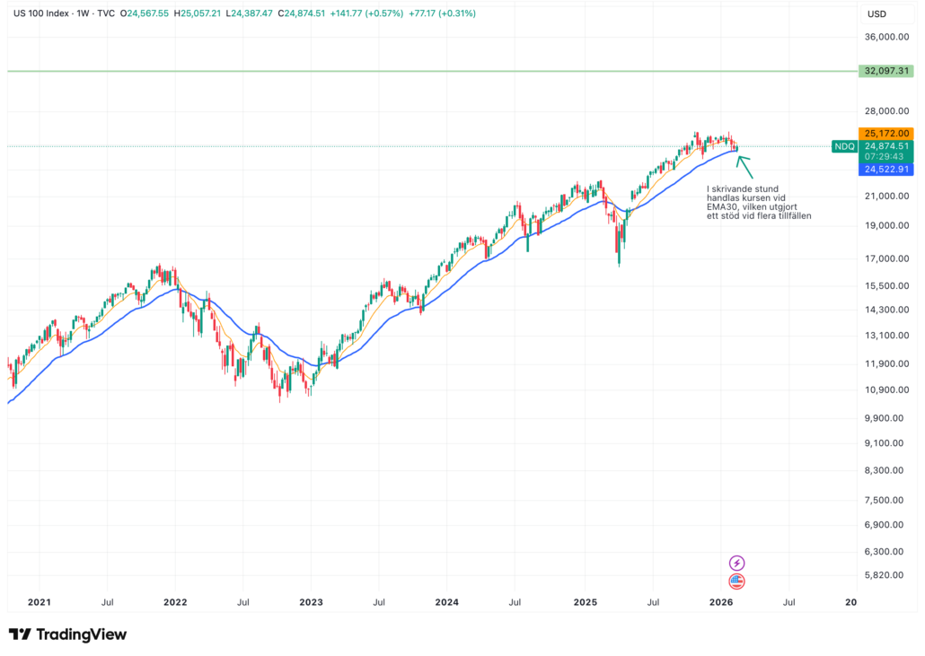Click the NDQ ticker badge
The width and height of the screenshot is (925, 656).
pyautogui.click(x=844, y=146)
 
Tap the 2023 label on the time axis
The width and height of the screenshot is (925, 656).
pyautogui.click(x=311, y=603)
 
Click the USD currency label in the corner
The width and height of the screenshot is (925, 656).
pyautogui.click(x=877, y=13)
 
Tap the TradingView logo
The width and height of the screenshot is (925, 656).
pyautogui.click(x=68, y=634)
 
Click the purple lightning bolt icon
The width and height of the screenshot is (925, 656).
pyautogui.click(x=737, y=563)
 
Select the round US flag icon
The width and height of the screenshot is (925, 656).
pyautogui.click(x=737, y=581)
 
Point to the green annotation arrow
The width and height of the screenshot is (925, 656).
pyautogui.click(x=744, y=167)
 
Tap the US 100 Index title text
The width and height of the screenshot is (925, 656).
pyautogui.click(x=40, y=13)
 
